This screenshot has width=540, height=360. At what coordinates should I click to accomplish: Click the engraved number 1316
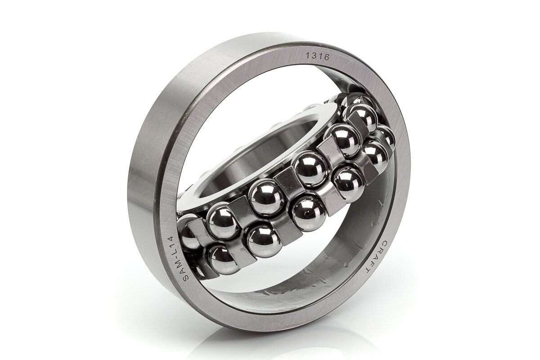pyautogui.click(x=318, y=57)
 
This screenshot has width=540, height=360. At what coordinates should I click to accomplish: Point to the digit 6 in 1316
pyautogui.click(x=327, y=58)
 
